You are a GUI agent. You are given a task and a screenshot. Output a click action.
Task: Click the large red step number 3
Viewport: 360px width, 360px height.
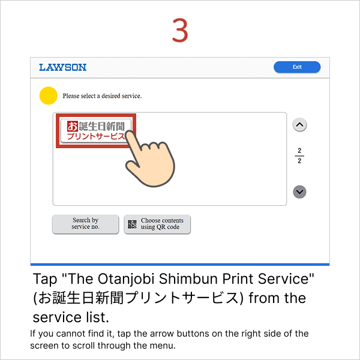click(180, 30)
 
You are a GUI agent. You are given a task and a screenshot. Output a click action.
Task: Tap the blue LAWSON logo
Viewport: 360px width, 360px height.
click(63, 67)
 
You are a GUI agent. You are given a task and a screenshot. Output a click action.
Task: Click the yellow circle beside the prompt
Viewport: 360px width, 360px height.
click(48, 96)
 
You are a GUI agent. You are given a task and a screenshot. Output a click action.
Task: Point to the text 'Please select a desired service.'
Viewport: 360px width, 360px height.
click(102, 96)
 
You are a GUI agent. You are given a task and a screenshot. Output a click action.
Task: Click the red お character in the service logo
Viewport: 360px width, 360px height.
click(73, 126)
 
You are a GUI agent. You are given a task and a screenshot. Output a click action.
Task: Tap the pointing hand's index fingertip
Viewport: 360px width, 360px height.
click(131, 136)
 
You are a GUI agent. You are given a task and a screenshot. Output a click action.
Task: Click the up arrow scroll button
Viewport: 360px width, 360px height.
click(300, 125)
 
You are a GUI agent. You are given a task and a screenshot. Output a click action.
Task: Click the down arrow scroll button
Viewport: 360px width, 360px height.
click(300, 192)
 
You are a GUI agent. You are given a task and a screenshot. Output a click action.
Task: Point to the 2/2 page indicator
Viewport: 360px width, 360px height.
click(299, 155)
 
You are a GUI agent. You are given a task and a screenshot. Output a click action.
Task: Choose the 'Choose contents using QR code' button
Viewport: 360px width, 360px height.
click(157, 224)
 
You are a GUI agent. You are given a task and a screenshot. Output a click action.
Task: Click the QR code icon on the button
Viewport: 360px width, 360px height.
click(133, 224)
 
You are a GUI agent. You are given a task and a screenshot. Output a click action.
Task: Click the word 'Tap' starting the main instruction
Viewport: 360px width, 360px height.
click(43, 280)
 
